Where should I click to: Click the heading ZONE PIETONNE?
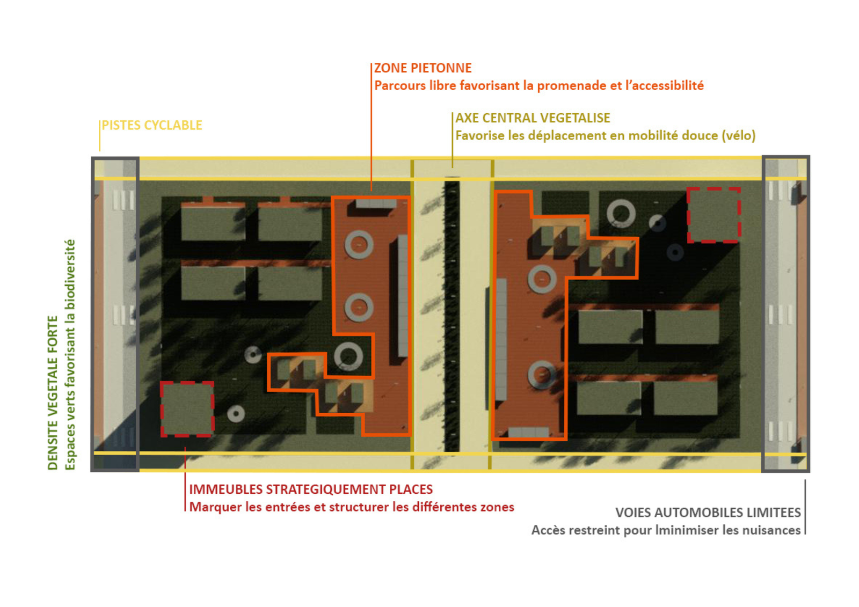click(423, 68)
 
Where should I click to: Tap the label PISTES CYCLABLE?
click(152, 126)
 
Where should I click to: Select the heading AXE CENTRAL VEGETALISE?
click(533, 118)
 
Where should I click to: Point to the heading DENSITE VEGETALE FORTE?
click(53, 393)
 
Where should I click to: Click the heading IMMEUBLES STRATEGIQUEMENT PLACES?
click(311, 489)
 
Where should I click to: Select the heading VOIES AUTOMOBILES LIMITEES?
click(708, 513)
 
